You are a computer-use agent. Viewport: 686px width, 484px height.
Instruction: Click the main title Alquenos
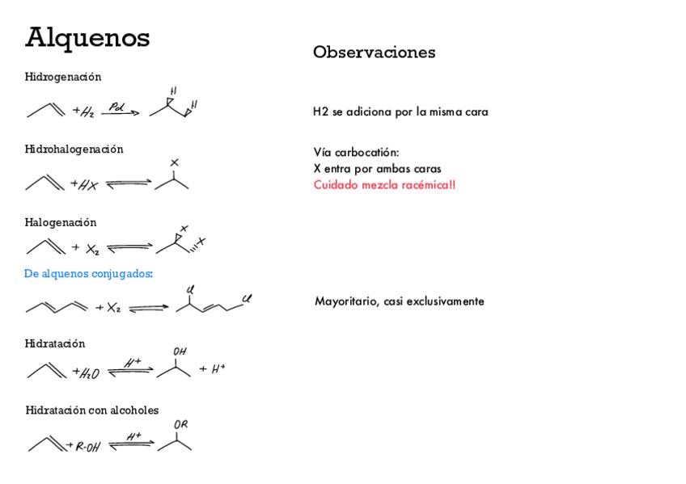87,37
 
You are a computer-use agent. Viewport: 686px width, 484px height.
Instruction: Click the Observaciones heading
374,53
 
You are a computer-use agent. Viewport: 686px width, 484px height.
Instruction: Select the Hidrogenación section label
63,77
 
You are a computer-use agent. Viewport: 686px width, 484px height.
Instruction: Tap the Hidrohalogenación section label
74,149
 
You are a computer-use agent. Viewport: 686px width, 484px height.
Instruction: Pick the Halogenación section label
61,222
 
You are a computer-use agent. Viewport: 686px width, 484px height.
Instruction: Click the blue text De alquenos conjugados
89,274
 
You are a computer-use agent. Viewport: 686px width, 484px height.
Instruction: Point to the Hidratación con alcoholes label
92,410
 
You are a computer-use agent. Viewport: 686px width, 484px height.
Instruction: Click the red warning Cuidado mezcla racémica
384,185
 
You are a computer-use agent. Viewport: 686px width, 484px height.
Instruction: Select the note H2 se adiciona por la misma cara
400,112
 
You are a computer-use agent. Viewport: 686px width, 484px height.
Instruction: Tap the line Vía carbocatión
357,152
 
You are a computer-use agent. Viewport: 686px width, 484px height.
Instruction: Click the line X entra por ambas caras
377,169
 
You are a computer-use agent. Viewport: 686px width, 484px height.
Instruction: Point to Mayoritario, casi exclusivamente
400,301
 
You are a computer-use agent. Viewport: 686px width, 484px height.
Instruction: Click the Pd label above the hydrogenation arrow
116,106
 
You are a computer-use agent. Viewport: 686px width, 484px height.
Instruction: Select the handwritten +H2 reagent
83,112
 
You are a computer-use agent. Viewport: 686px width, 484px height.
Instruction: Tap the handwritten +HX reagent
84,185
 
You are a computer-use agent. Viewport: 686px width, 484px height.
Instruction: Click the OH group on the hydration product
180,352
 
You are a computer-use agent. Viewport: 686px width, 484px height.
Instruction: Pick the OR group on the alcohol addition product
181,425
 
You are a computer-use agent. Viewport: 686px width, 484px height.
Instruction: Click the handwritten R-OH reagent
87,446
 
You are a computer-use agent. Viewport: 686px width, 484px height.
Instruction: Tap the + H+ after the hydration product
212,369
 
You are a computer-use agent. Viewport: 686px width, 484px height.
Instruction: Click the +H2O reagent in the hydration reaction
85,372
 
